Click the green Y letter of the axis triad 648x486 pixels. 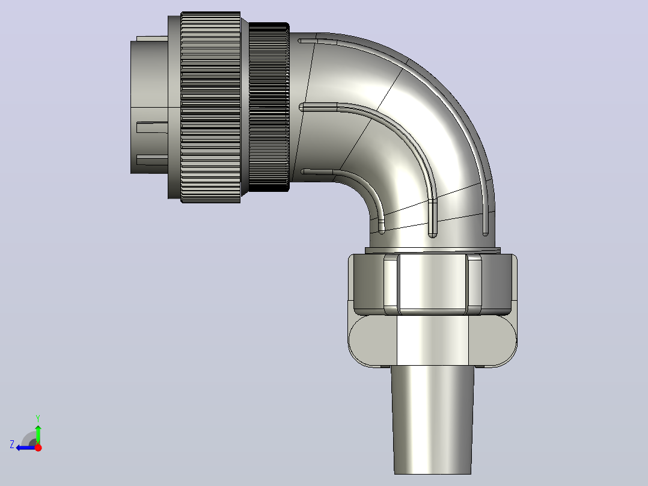[38, 418]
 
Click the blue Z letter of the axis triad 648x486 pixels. [12, 444]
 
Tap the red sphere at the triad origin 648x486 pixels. [38, 448]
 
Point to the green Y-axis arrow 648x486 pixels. [38, 435]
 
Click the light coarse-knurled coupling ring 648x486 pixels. [210, 107]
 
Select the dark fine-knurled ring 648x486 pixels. [269, 106]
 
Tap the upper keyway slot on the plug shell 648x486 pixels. [151, 128]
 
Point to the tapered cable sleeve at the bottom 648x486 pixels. [433, 420]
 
